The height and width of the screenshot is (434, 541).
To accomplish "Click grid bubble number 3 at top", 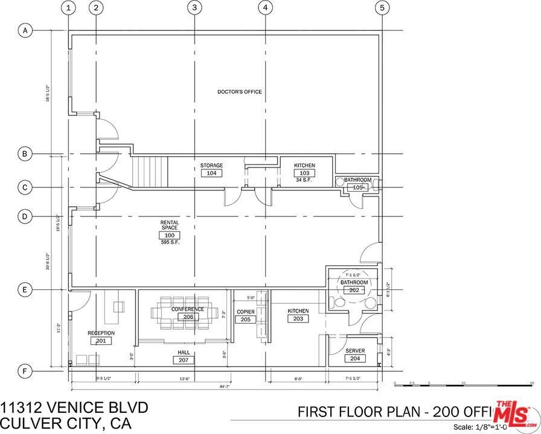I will pyautogui.click(x=194, y=8).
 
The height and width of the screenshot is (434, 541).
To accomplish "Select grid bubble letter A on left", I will pyautogui.click(x=25, y=30).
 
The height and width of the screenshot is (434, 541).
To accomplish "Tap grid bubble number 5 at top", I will pyautogui.click(x=382, y=8).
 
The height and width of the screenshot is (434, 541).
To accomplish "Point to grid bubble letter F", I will pyautogui.click(x=25, y=371).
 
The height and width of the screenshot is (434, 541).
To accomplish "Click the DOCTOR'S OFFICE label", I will pyautogui.click(x=240, y=92).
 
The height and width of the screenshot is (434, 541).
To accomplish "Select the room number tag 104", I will pyautogui.click(x=211, y=173).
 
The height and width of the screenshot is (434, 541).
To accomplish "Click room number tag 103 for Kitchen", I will pyautogui.click(x=304, y=173).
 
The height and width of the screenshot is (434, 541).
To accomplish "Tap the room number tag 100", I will pyautogui.click(x=169, y=235).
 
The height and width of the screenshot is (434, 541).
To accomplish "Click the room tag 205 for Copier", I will pyautogui.click(x=245, y=319).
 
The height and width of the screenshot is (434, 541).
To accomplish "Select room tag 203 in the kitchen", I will pyautogui.click(x=298, y=318).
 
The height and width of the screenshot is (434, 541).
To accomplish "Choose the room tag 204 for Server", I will pyautogui.click(x=354, y=358).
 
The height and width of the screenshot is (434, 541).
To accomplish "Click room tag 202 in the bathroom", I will pyautogui.click(x=354, y=290).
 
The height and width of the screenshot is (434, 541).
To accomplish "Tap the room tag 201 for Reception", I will pyautogui.click(x=101, y=341).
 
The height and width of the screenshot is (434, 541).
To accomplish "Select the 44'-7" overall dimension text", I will pyautogui.click(x=225, y=386).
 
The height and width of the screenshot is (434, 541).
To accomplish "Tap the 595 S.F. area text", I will pyautogui.click(x=169, y=242).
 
